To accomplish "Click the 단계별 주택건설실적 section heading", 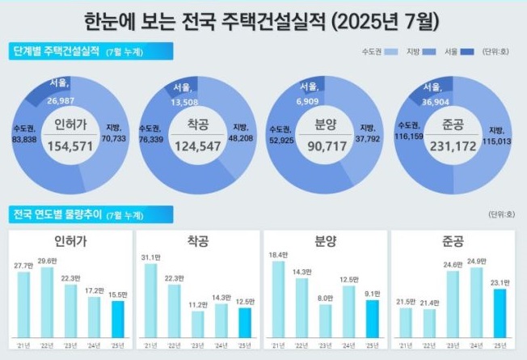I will pyautogui.click(x=57, y=52).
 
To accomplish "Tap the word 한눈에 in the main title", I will pyautogui.click(x=108, y=19).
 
